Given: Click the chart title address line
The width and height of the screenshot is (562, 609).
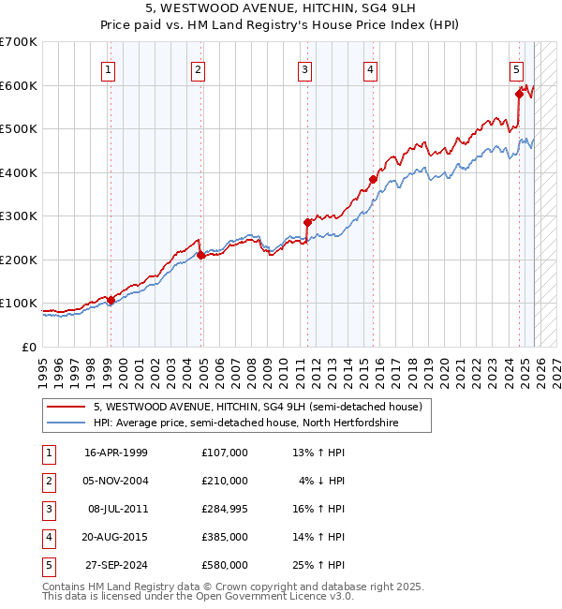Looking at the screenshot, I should click(281, 8).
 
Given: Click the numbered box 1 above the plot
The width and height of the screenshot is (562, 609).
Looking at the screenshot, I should click(110, 68).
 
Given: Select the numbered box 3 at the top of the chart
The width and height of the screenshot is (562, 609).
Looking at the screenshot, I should click(305, 68).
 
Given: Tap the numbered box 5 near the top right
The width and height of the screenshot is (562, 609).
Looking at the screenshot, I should click(516, 68).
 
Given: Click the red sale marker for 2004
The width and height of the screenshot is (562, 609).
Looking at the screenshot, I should click(200, 255).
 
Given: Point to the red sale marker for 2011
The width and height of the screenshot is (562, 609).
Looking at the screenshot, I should click(307, 223).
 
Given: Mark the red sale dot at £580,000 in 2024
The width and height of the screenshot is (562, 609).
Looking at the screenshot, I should click(519, 93).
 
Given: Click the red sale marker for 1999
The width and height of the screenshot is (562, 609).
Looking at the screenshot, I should click(111, 301).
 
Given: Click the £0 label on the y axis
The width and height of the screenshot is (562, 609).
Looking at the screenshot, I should click(28, 347).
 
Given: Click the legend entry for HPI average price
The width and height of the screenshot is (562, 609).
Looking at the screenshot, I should click(245, 423).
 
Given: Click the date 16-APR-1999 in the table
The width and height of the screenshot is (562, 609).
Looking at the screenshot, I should click(116, 453).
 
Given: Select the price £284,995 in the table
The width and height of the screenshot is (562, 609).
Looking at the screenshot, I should click(225, 509).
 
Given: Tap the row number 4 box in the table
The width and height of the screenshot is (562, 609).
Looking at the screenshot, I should click(48, 537).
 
